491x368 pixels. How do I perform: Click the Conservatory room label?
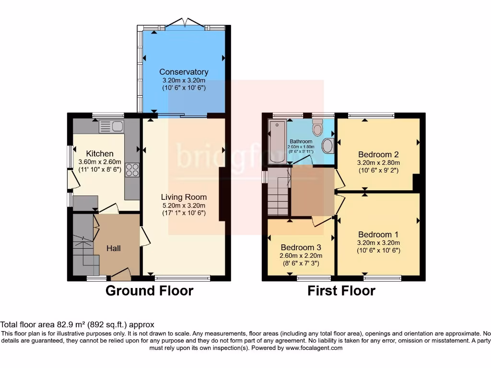(x=184, y=72)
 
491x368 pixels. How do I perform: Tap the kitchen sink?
(x=111, y=126)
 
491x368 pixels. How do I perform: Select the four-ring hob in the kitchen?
(x=132, y=170)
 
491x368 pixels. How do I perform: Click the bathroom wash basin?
(x=327, y=146)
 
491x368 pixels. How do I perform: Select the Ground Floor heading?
(x=149, y=291)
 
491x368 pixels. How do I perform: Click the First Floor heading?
(x=341, y=291)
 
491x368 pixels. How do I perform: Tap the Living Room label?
(x=184, y=197)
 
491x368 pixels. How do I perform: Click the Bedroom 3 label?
(x=301, y=247)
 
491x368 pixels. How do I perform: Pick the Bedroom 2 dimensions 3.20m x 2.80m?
(x=378, y=162)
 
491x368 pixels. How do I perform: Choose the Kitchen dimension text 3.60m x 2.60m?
(x=100, y=161)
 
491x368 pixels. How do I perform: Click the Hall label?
(x=114, y=248)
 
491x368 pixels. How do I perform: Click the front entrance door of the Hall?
(x=121, y=275)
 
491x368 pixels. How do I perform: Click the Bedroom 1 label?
(x=378, y=234)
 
